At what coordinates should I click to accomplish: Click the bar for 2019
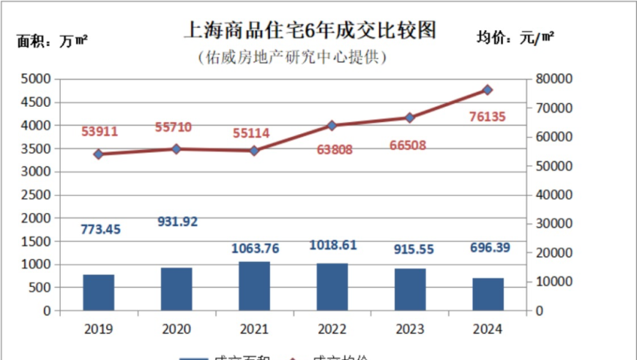coord(98,292)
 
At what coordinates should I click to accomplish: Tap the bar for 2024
coord(488,294)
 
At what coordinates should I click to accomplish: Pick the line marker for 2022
coord(332,126)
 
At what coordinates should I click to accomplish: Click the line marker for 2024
coord(488,90)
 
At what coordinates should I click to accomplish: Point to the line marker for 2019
coord(98,154)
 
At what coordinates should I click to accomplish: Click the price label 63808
coord(332,150)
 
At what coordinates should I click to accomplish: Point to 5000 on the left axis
coord(36,78)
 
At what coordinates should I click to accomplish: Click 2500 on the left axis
coord(36,195)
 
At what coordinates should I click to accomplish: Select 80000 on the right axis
coord(554,78)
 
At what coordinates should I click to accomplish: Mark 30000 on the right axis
coord(554,224)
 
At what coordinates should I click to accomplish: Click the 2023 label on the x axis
coord(410,329)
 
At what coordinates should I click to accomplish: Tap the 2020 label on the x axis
coord(176,329)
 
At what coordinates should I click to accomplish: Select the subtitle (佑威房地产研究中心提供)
coord(291,56)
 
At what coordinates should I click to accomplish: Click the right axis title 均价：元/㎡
coord(515,39)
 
